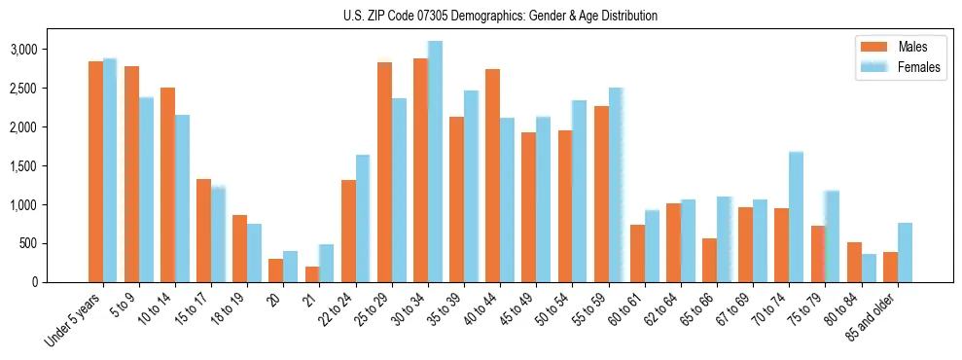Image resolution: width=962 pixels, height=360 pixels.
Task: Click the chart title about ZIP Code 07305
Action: [x=500, y=16]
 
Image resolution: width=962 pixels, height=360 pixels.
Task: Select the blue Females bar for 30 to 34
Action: [x=435, y=162]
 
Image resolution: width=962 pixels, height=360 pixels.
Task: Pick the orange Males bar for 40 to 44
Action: [x=492, y=176]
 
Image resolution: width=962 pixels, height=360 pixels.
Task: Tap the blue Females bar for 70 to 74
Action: [x=796, y=217]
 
